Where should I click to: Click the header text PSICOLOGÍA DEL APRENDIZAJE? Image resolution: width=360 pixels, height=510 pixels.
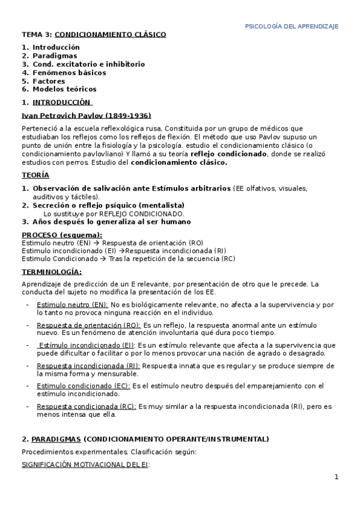pyautogui.click(x=292, y=26)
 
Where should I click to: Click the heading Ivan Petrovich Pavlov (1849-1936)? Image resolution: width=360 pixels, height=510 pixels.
pyautogui.click(x=86, y=115)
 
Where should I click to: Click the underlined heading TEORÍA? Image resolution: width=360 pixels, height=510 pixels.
pyautogui.click(x=35, y=175)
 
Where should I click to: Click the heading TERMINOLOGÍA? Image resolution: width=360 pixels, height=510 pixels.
pyautogui.click(x=52, y=272)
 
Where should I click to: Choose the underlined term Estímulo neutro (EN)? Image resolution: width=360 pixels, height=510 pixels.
pyautogui.click(x=72, y=305)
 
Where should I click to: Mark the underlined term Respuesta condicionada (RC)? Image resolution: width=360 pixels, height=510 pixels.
pyautogui.click(x=86, y=407)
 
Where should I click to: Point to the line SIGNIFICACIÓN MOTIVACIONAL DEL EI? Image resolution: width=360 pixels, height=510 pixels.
pyautogui.click(x=85, y=465)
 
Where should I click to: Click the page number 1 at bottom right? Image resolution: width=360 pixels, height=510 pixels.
pyautogui.click(x=337, y=478)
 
